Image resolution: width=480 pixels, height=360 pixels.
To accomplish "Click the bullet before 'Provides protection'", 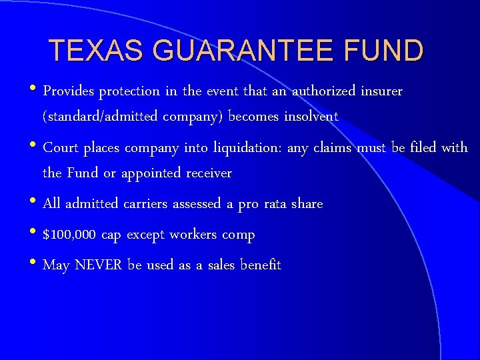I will (x=35, y=90).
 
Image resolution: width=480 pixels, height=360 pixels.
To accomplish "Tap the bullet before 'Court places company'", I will (x=35, y=147).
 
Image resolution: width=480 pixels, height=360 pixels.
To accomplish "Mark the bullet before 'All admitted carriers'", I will (x=35, y=203).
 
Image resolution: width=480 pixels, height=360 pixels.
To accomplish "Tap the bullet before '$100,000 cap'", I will (x=35, y=233).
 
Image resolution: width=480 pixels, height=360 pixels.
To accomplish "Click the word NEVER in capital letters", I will (x=99, y=265).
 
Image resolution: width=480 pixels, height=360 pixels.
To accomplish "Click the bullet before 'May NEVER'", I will (x=35, y=264).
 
